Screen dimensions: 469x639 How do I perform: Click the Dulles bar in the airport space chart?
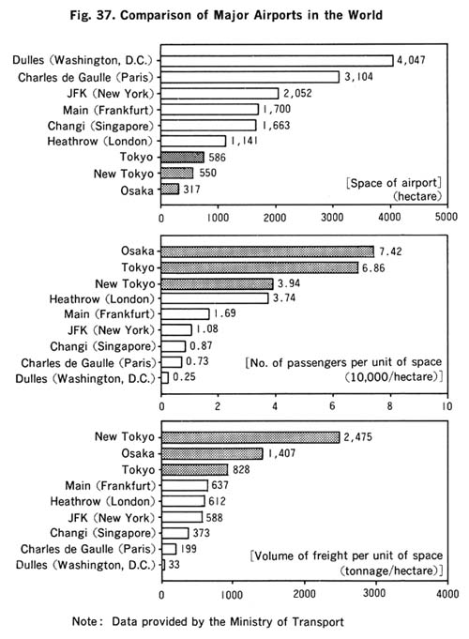(277, 61)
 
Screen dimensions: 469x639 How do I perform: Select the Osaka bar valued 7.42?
(267, 251)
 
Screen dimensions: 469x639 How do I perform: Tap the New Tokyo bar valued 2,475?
(250, 437)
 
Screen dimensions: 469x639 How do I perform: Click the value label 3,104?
(358, 77)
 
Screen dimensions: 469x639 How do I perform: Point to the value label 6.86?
(373, 267)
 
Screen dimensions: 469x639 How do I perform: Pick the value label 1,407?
(281, 453)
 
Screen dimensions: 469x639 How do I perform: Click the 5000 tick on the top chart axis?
(446, 217)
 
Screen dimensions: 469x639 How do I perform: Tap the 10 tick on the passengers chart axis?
(447, 406)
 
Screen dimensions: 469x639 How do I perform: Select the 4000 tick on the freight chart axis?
(447, 594)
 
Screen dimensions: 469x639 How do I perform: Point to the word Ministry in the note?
(251, 621)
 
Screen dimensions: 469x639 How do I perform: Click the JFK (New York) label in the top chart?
(111, 94)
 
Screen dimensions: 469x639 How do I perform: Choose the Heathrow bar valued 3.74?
(215, 298)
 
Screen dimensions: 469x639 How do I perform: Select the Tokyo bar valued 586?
(182, 158)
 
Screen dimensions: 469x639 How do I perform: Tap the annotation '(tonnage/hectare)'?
(391, 571)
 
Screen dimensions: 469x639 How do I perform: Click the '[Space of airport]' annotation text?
(394, 183)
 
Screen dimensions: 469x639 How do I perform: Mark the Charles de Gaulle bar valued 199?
(169, 549)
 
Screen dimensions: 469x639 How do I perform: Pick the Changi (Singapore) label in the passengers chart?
(103, 346)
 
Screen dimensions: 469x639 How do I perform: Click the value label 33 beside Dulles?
(174, 565)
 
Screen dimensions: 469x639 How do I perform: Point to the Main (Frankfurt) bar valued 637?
(185, 485)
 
